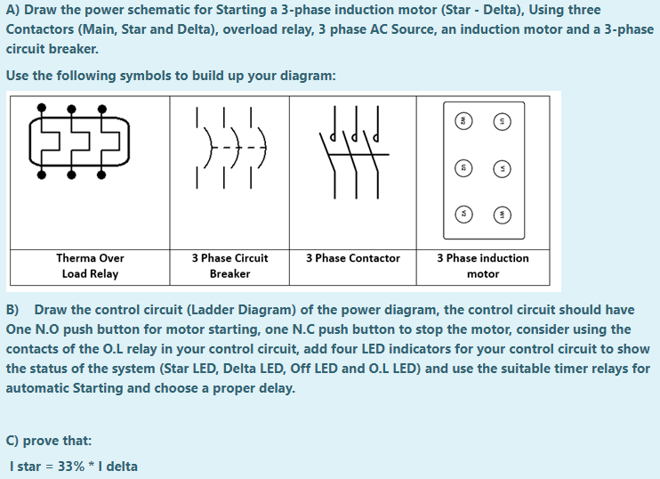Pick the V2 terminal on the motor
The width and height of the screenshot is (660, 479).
pyautogui.click(x=463, y=214)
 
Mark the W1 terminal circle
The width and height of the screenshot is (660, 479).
pyautogui.click(x=503, y=214)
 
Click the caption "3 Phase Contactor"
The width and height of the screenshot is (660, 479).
pyautogui.click(x=353, y=258)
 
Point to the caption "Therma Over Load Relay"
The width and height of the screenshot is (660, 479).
pyautogui.click(x=90, y=265)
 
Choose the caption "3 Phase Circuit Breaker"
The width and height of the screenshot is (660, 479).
pyautogui.click(x=229, y=265)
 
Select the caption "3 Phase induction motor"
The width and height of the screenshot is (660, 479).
pyautogui.click(x=482, y=265)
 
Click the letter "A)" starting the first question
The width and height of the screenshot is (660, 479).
pyautogui.click(x=13, y=10)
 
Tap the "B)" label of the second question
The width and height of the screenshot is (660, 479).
pyautogui.click(x=13, y=310)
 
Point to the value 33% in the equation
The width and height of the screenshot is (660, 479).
pyautogui.click(x=71, y=466)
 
